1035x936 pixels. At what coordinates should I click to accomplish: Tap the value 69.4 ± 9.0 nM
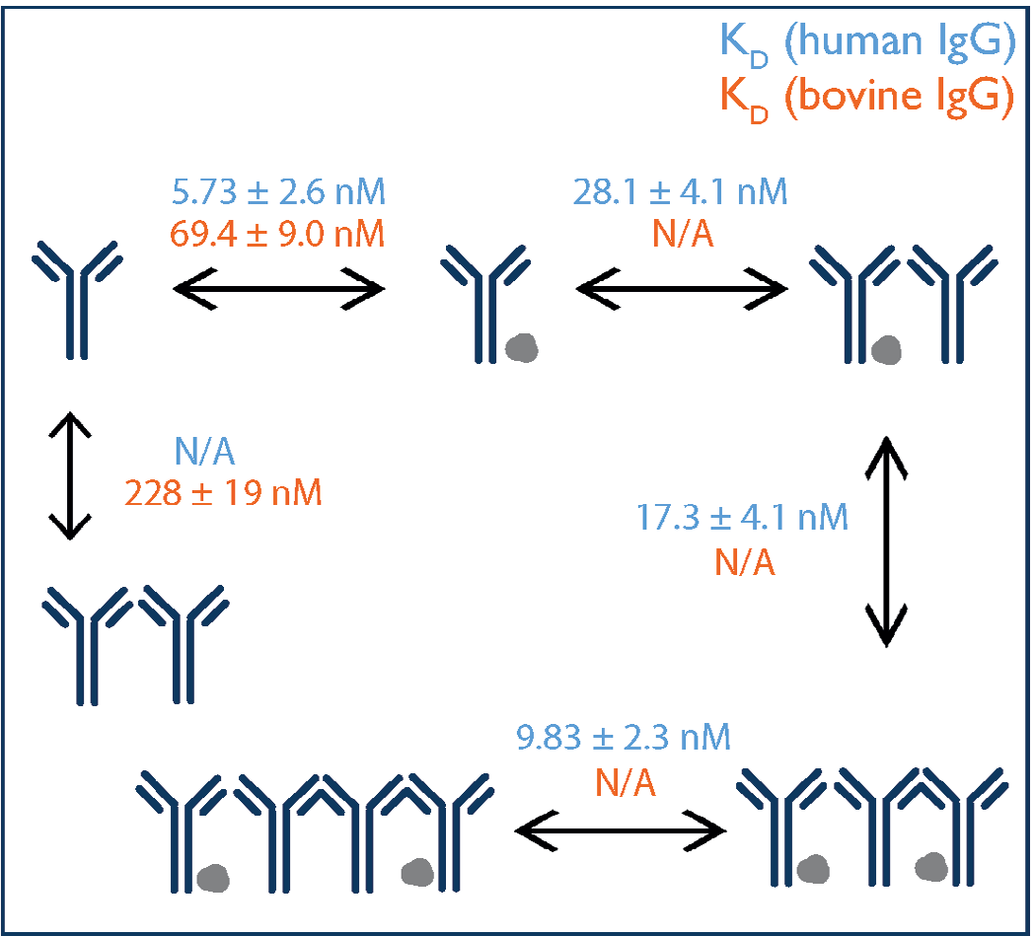point(278,235)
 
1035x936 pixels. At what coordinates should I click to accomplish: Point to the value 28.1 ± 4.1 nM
point(681,192)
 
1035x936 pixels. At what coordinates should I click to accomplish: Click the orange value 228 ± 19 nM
point(223,491)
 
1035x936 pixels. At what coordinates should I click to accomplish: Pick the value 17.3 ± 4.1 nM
point(743,518)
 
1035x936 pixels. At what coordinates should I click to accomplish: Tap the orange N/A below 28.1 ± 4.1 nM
point(682,235)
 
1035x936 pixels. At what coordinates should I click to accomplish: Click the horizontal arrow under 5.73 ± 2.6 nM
point(278,288)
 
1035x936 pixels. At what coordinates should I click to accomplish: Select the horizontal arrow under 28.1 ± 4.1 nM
point(681,288)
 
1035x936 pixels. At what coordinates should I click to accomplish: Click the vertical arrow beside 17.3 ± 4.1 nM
point(885,542)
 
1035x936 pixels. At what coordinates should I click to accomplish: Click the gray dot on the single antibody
point(521,346)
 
